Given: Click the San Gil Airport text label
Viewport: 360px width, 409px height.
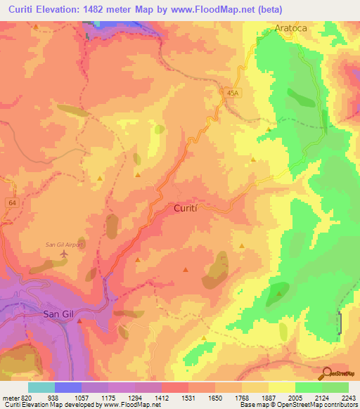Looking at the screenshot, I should point(65,245).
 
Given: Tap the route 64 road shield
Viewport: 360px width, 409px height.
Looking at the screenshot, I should point(12,202).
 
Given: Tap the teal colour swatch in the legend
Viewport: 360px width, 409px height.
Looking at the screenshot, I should point(41,387).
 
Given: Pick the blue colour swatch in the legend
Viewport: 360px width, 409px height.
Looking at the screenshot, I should point(68,387).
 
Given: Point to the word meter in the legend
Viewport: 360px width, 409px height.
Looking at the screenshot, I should point(10,397).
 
